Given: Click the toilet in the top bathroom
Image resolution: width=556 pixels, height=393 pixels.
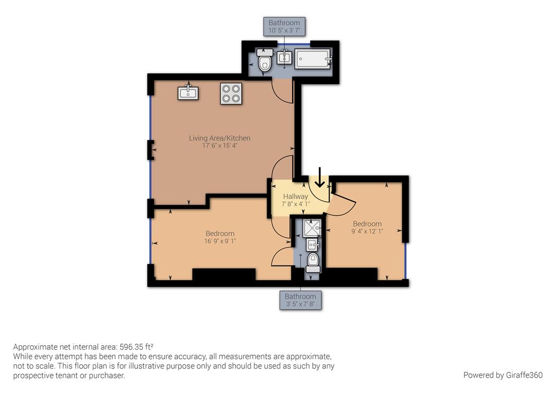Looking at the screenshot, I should [x=265, y=62].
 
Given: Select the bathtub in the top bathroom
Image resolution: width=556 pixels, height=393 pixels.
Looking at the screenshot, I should [x=313, y=59].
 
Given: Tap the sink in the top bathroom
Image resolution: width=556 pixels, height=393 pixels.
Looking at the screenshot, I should [x=285, y=56].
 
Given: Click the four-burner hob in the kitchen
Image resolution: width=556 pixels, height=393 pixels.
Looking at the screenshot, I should [x=231, y=93].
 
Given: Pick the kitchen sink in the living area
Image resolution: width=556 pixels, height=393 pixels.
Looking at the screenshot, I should [x=188, y=93].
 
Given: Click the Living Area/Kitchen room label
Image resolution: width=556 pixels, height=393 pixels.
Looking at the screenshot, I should [x=219, y=138].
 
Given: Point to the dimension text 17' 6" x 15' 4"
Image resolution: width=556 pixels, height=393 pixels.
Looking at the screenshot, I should [x=219, y=146].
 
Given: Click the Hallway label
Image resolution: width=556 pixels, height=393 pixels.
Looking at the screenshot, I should [x=295, y=196].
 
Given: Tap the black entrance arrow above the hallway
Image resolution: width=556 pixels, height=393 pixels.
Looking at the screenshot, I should [x=320, y=178].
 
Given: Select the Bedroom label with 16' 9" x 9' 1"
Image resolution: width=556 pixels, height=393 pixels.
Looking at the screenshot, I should [x=220, y=233].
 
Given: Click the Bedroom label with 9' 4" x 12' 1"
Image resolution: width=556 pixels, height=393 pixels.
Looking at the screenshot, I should [x=367, y=224].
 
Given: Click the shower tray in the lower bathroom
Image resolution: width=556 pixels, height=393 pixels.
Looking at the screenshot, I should [x=312, y=227].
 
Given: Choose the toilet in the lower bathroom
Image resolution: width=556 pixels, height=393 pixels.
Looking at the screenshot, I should [x=313, y=262].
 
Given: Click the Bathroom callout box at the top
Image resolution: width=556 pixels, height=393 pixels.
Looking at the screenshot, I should [x=284, y=27].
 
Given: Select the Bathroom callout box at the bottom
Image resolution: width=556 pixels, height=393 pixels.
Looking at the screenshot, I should [x=300, y=300].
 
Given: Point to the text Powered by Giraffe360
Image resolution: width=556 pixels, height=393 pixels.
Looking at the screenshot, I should [x=503, y=375].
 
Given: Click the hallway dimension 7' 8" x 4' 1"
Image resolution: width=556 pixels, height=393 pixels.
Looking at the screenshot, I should [x=295, y=205].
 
